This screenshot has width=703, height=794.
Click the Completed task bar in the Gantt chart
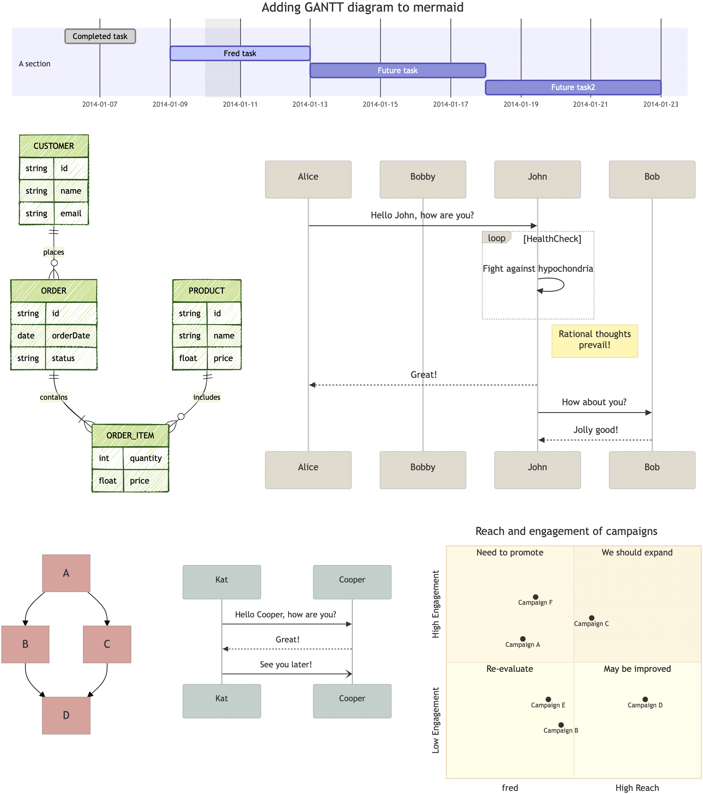tap(100, 37)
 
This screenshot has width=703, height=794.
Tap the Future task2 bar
tap(573, 87)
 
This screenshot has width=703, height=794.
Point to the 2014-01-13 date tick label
tap(310, 104)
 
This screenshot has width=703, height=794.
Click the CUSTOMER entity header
tap(54, 146)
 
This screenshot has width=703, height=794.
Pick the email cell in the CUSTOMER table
tap(71, 214)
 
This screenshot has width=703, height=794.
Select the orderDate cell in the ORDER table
tap(71, 336)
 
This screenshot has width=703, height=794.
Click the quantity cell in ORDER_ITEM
tap(145, 458)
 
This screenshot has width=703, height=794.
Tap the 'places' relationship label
tap(54, 252)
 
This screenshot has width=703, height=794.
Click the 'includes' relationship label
tap(207, 397)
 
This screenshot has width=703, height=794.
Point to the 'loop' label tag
tap(496, 238)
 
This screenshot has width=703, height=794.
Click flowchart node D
tap(66, 715)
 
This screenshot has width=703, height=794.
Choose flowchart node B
tap(25, 644)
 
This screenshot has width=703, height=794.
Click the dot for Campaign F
tap(535, 597)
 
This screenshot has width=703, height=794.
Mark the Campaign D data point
tap(645, 699)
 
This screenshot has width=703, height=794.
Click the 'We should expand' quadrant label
tap(637, 552)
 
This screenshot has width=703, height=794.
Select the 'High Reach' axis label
tap(637, 788)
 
